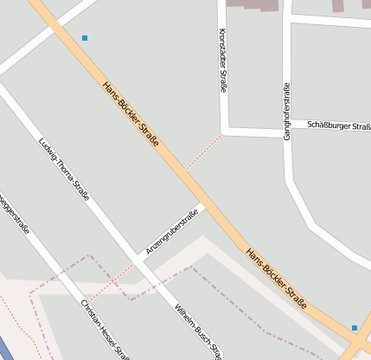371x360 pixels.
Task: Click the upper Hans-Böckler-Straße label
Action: click(131, 113)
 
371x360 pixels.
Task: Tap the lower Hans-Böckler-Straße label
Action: click(277, 279)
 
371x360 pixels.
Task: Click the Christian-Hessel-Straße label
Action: click(105, 330)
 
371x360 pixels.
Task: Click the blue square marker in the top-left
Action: click(85, 38)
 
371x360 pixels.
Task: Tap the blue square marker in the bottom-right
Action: click(355, 328)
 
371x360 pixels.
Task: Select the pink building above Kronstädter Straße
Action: click(253, 4)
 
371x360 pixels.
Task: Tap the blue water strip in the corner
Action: click(6, 348)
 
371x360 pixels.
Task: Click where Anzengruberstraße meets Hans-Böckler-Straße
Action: click(202, 207)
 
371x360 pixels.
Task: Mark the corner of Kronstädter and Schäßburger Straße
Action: click(223, 132)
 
